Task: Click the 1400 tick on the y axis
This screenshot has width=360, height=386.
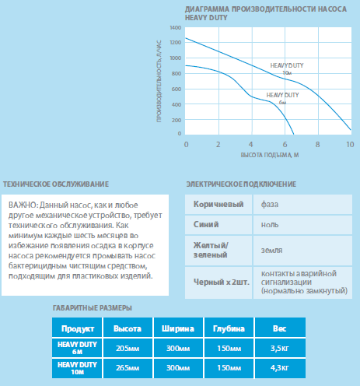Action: [176, 28]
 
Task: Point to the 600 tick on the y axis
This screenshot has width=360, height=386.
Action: [177, 89]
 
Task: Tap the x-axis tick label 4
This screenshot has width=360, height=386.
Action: [251, 144]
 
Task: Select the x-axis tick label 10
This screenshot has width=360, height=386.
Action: [350, 144]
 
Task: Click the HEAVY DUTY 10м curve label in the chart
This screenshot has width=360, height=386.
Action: [287, 68]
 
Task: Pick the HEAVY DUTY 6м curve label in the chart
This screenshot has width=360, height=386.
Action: [282, 99]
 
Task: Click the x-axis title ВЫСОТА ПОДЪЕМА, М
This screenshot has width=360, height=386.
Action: [270, 155]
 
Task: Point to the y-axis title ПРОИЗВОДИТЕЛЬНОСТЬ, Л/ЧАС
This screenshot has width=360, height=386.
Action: [159, 81]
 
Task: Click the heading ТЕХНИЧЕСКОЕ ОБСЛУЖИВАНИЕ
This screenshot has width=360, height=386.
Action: [56, 184]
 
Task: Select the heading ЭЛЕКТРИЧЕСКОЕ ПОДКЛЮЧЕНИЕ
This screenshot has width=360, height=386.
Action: [241, 184]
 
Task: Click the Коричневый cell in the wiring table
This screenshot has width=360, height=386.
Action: [218, 204]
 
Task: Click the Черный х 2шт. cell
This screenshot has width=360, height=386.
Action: [218, 282]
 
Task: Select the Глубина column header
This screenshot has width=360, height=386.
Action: [229, 328]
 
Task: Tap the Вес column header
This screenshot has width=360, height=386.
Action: [280, 328]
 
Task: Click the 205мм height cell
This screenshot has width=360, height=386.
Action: [128, 348]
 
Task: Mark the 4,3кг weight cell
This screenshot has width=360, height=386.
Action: [280, 368]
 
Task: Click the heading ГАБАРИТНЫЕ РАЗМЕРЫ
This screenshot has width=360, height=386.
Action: [93, 308]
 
